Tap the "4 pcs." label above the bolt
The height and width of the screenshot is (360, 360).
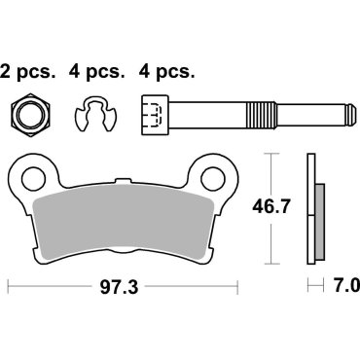167,71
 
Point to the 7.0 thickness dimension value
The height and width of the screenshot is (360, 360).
344,287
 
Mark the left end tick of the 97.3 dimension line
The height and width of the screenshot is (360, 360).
9,287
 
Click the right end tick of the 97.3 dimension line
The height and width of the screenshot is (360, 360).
237,287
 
